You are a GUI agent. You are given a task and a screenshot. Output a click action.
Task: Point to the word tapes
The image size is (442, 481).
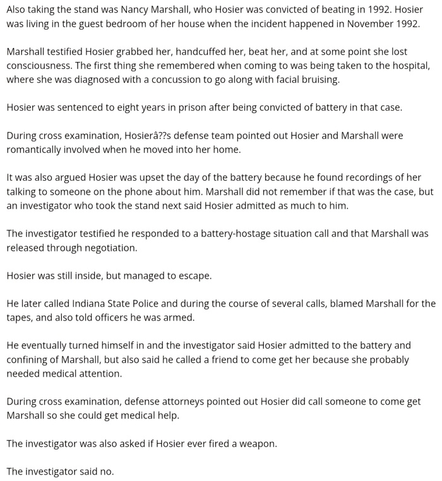pyautogui.click(x=19, y=317)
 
